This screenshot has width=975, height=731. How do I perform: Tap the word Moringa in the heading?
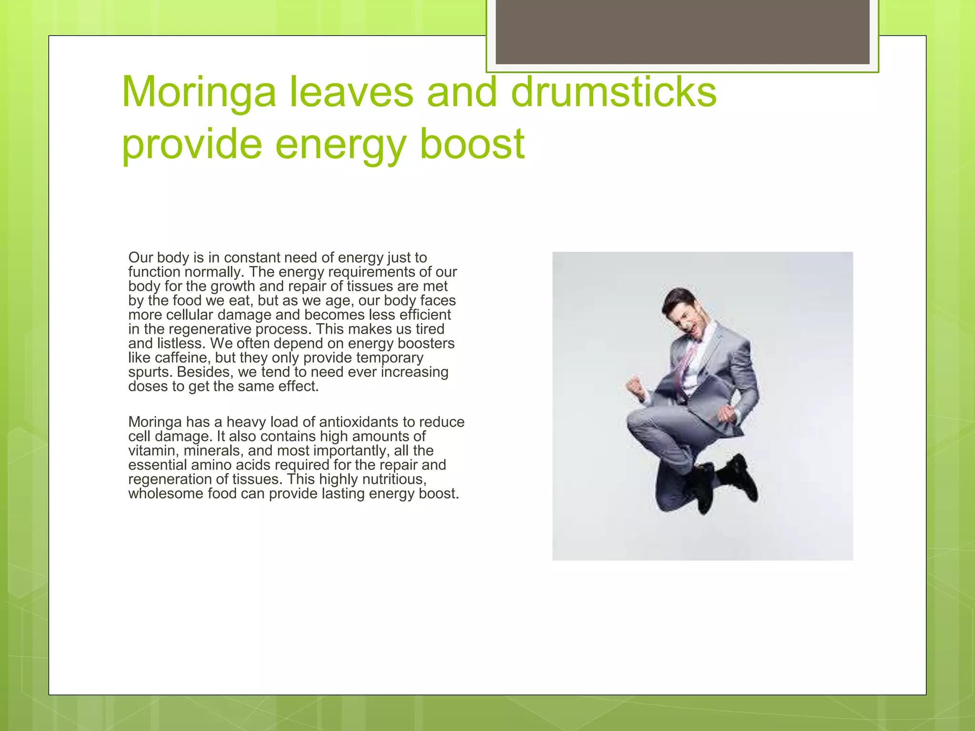[x=199, y=92]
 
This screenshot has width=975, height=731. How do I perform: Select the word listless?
[x=181, y=344]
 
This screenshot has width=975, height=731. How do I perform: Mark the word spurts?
[x=149, y=372]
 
